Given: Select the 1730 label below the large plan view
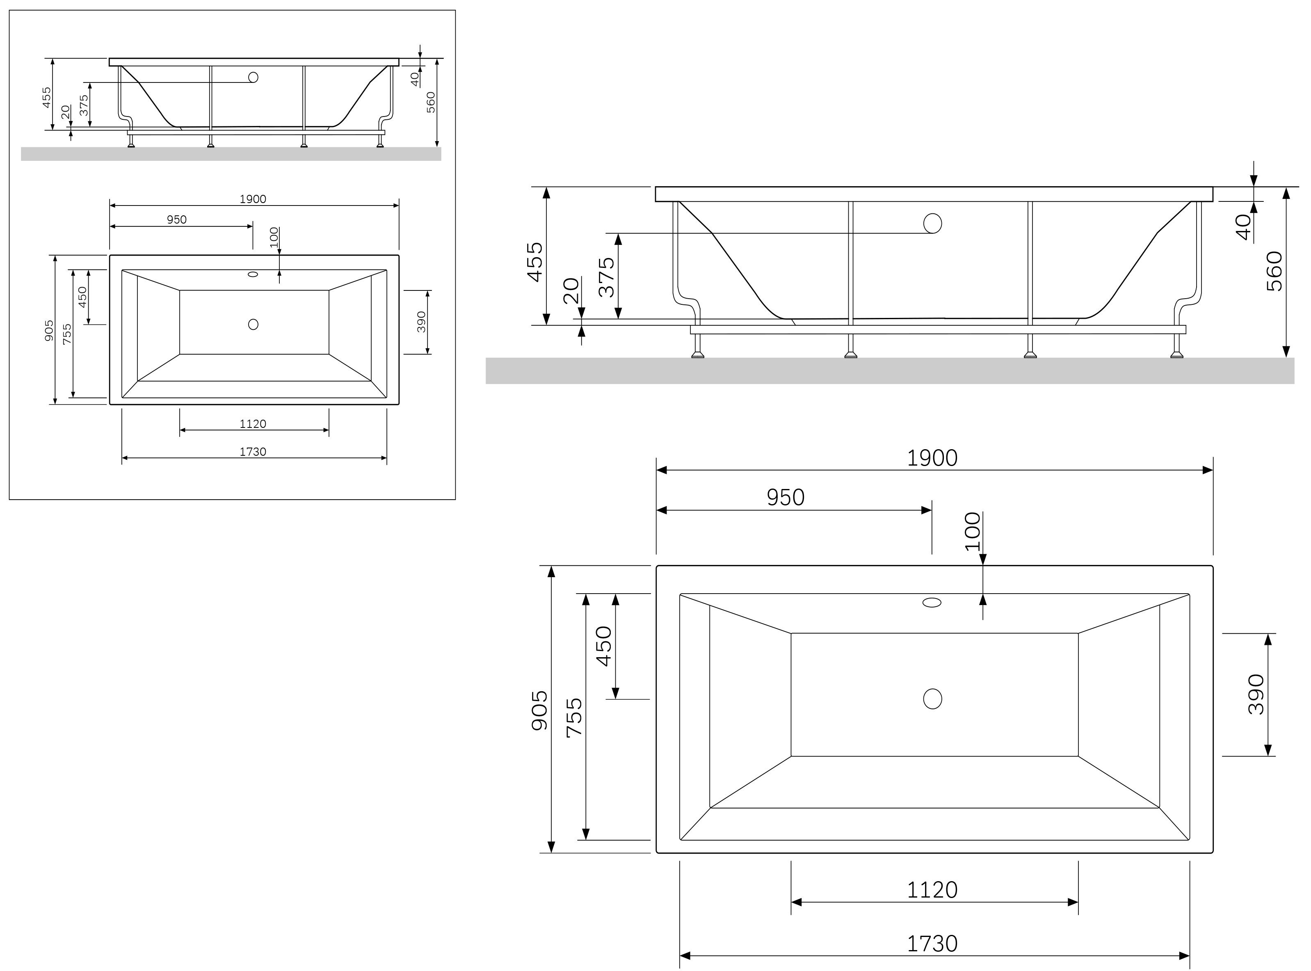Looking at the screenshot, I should pos(932,944).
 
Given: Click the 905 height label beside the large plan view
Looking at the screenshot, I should pos(539,710).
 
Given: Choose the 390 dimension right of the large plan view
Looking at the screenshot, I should pos(1256,694).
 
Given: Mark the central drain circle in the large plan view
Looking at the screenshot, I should pos(932,698).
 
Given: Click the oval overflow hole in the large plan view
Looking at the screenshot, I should pos(932,603).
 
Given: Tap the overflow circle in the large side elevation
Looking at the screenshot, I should pos(932,223).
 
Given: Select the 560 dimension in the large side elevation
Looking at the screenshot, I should pos(1274,271).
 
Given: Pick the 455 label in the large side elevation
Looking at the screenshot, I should pos(535,262).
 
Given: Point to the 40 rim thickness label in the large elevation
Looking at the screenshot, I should pos(1243,226).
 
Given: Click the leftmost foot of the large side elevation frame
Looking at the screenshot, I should pos(697,354).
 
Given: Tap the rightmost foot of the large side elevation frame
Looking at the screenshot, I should pos(1176,354).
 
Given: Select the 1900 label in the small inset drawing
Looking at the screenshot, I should pos(253,199).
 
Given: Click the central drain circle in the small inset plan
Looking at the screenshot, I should pos(253,324).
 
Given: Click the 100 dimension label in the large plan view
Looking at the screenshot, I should pos(973,531).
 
